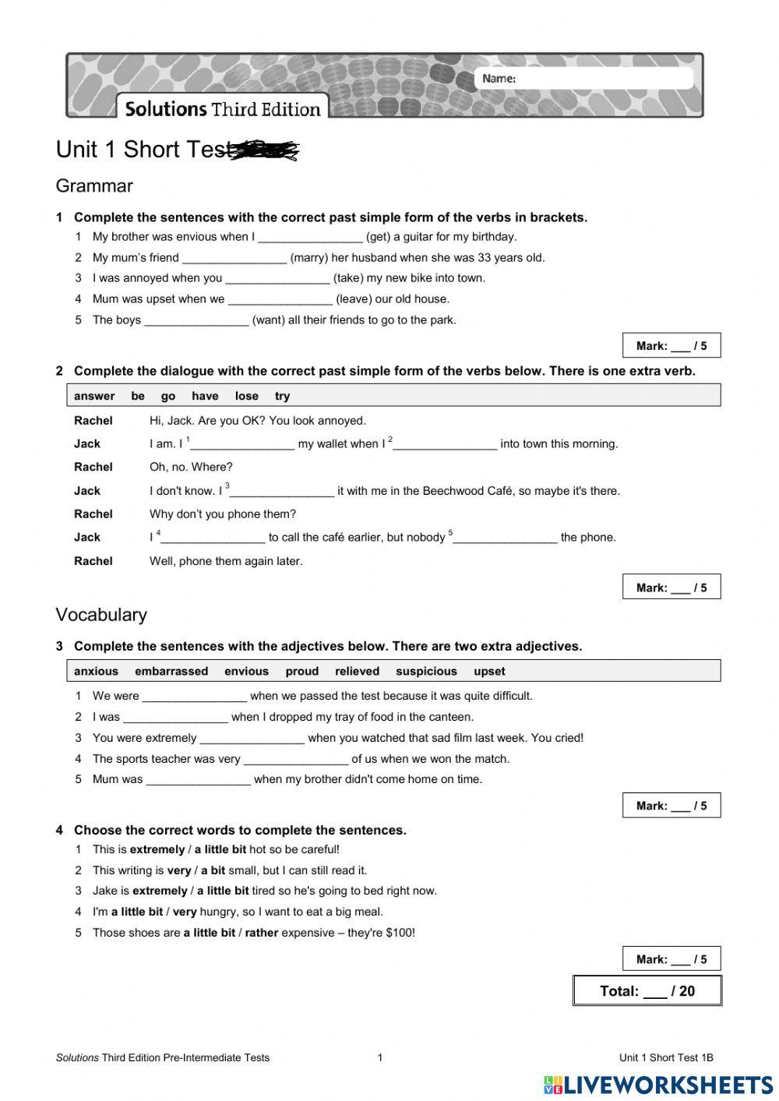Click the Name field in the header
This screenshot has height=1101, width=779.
(x=584, y=79)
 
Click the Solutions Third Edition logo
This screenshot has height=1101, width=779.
(x=223, y=108)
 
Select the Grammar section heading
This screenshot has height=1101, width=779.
(x=94, y=186)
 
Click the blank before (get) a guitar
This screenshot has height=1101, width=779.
(x=310, y=238)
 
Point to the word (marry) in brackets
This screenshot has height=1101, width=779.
(x=308, y=258)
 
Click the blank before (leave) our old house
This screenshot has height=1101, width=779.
(x=280, y=300)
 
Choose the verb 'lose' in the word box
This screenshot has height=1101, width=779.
(x=246, y=396)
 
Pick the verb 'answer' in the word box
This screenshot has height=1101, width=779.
(x=94, y=396)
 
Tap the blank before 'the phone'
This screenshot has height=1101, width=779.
(x=505, y=538)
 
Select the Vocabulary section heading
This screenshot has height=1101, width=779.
(x=101, y=615)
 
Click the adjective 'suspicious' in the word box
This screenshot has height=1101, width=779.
(x=426, y=672)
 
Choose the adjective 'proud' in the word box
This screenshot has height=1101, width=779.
(x=301, y=672)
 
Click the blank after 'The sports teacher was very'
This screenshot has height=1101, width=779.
(x=295, y=760)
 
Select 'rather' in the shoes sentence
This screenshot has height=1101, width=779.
(x=261, y=933)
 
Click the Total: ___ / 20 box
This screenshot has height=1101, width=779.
(x=647, y=991)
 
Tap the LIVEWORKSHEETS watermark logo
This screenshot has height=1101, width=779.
(x=658, y=1085)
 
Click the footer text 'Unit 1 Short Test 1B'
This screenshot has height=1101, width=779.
(x=666, y=1058)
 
